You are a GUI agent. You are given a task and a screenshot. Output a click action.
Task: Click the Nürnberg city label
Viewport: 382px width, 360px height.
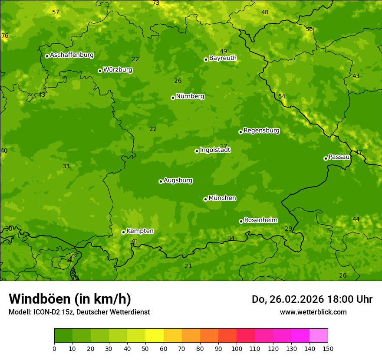pos(190,96)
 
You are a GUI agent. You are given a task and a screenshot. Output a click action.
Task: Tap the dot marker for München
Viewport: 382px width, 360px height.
pos(205,199)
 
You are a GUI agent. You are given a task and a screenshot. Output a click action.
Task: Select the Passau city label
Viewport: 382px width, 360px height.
pos(339,157)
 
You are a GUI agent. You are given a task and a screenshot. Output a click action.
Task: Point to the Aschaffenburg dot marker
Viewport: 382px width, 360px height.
pos(47,56)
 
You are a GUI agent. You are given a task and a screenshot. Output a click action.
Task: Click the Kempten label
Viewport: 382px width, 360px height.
pos(140,231)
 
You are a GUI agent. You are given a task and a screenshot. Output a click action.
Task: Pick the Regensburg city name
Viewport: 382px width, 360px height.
pos(261,131)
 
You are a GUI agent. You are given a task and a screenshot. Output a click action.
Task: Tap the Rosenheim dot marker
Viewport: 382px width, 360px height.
pos(241,221)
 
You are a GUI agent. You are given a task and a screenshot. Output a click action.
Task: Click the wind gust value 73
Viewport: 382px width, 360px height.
pos(156,3)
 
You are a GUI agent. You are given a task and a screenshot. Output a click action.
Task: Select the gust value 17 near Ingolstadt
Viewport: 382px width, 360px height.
pos(224,146)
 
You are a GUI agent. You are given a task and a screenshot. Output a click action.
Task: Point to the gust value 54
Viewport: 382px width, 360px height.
pos(282,96)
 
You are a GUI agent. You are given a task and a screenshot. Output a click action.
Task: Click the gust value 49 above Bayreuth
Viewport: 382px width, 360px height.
pos(224,51)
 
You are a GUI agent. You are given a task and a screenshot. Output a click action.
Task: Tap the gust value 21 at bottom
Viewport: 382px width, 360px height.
pos(188,266)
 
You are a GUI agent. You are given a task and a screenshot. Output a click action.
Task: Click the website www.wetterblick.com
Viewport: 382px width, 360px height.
pos(313,312)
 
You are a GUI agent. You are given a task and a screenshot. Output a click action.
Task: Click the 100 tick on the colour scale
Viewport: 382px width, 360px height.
pos(237,348)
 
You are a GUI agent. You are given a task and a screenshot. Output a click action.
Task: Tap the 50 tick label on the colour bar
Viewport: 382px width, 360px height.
pos(145,348)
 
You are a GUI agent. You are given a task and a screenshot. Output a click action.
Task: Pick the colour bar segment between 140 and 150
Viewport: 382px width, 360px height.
pos(319,336)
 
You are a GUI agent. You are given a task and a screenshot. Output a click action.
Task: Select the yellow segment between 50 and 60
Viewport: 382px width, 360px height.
pos(155,336)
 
